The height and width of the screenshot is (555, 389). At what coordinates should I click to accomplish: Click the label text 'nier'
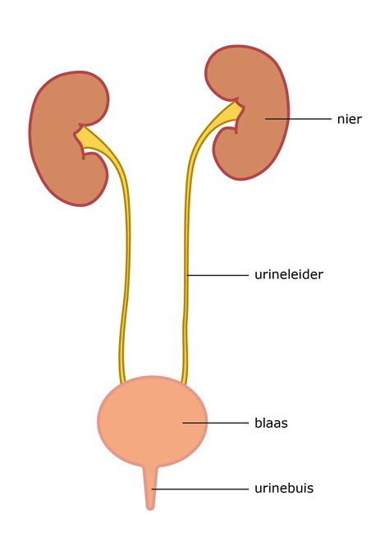349,119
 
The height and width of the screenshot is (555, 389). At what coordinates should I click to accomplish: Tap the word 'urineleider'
289,275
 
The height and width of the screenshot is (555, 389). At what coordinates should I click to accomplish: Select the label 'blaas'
271,423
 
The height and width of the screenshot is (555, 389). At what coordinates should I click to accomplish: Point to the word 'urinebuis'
284,488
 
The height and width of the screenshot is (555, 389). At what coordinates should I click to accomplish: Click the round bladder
152,421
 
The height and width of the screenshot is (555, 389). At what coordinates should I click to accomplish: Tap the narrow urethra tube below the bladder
150,488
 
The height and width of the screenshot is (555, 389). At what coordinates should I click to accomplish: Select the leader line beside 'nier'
298,119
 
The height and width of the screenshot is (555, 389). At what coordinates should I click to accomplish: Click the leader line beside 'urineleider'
217,275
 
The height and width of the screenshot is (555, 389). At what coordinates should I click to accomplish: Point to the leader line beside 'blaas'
215,423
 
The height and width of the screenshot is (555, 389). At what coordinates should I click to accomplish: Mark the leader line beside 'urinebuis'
200,488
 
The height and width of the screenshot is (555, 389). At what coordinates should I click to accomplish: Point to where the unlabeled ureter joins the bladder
122,383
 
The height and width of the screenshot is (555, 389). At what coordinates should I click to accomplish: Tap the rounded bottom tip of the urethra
150,509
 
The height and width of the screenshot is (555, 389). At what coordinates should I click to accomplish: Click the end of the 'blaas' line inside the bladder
183,423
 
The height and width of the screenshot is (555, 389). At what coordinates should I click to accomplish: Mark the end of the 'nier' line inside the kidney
265,119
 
